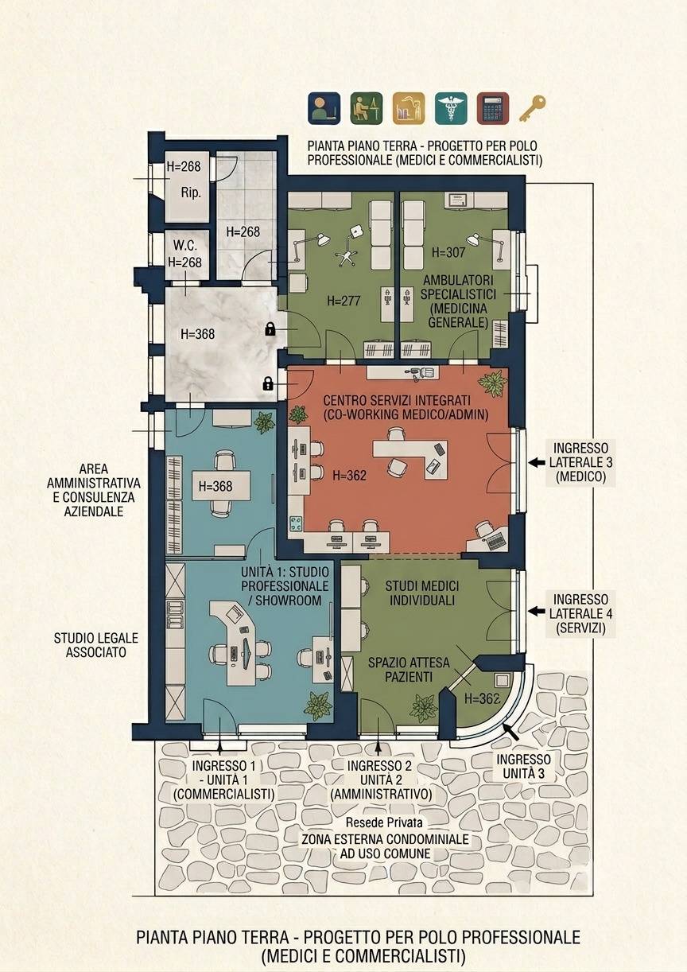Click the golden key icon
tap(532, 109)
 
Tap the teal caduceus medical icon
tap(451, 108)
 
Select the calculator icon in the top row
tap(493, 108)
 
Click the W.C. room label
tap(185, 245)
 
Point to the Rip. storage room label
tap(191, 192)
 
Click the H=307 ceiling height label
tap(448, 252)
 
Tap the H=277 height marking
tap(344, 301)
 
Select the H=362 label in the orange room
tap(350, 476)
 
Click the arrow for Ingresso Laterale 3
tap(536, 463)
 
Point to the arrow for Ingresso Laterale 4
tap(536, 612)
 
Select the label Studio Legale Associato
tap(96, 645)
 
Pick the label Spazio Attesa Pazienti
tap(409, 670)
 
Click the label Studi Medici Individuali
tap(422, 593)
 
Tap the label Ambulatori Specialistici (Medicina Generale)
tap(458, 301)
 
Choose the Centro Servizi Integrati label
tap(406, 407)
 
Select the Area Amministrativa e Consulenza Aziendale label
tap(94, 490)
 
